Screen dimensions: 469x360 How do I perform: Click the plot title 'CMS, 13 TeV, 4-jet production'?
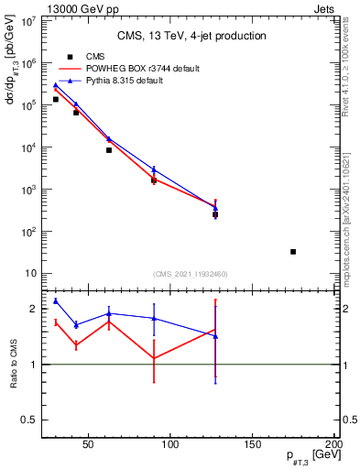[191, 36]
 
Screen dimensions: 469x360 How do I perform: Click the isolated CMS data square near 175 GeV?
[293, 251]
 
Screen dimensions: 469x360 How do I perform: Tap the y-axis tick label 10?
[30, 274]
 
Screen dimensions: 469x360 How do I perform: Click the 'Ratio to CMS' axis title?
[14, 364]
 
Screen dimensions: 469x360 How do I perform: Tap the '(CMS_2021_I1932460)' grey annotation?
[191, 274]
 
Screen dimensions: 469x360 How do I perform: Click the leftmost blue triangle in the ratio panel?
[56, 300]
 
